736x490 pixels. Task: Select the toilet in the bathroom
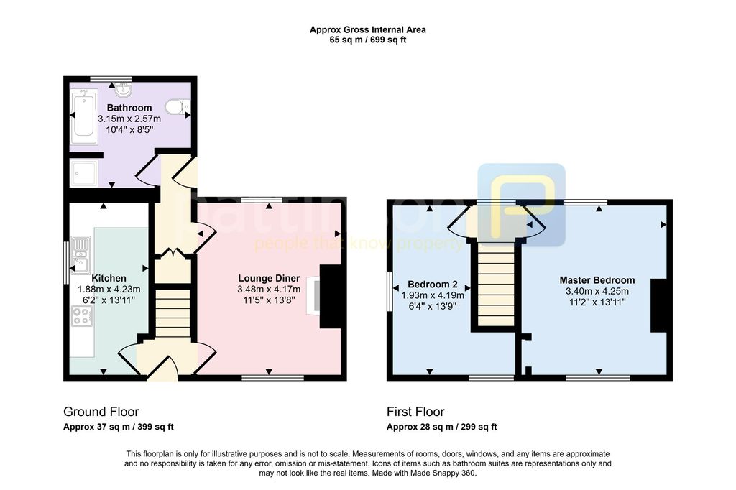pos(175,107)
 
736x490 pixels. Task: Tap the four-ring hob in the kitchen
pos(82,316)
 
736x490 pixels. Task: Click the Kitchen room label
pos(109,278)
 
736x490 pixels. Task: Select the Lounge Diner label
pos(269,278)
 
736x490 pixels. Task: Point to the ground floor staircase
pos(171,310)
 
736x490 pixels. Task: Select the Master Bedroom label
pos(597,280)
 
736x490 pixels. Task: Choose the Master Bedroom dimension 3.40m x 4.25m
pos(597,291)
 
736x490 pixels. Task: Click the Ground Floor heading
pos(101,412)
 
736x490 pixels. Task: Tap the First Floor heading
pos(415,412)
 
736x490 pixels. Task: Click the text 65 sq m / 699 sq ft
pos(367,40)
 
